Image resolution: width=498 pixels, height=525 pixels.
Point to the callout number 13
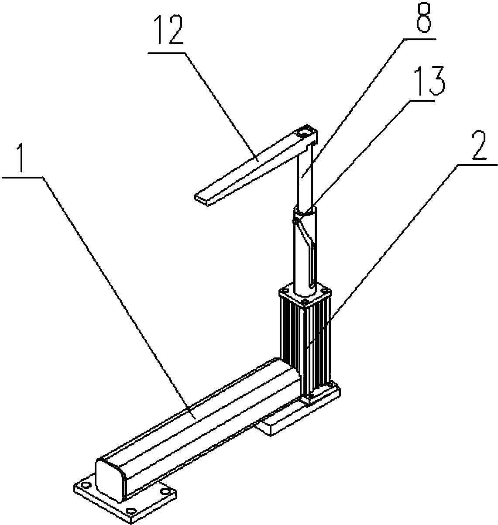tap(429, 80)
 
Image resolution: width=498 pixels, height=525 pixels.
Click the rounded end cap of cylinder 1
tap(110, 478)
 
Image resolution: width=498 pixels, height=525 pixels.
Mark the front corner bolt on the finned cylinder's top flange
tap(304, 302)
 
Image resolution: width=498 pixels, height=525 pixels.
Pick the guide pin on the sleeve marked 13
tap(295, 221)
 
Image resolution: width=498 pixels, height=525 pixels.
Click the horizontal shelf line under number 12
tap(166, 53)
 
